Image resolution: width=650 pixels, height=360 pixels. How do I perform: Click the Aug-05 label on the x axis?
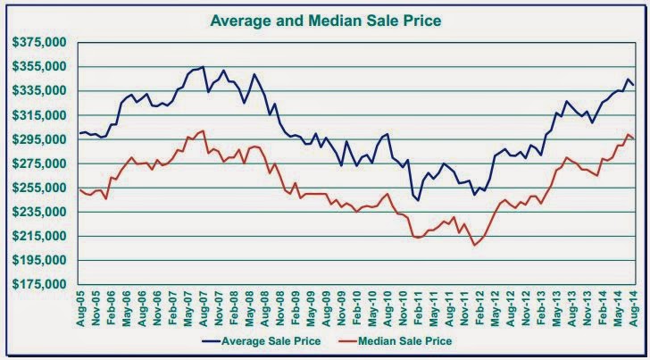tap(82, 307)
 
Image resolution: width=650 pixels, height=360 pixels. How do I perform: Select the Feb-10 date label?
tap(357, 307)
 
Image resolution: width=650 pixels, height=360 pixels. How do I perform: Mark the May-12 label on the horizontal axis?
tap(495, 307)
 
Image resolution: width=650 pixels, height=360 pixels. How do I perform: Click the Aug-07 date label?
tap(204, 307)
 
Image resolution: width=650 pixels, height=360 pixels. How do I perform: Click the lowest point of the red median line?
tap(475, 245)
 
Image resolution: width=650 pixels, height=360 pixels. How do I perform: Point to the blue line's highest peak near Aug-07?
tap(204, 67)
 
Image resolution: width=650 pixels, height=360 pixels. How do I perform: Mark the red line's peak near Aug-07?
tap(204, 130)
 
